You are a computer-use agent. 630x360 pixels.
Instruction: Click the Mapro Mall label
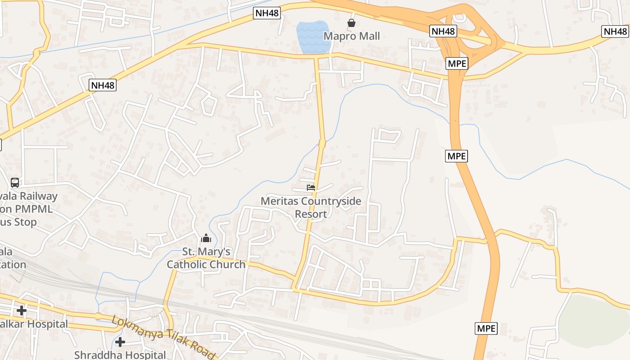pos(352,36)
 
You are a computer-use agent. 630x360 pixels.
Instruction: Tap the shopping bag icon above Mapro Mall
pos(351,23)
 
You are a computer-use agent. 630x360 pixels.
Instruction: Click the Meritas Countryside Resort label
pos(311,207)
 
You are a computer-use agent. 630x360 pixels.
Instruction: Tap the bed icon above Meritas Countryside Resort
pos(310,188)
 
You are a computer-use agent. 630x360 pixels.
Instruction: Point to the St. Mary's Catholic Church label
pos(206,258)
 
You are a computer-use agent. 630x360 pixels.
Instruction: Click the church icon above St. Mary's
pos(206,238)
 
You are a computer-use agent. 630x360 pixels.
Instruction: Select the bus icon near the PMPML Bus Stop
pos(15,183)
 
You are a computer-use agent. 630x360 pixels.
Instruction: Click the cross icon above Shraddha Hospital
pos(120,342)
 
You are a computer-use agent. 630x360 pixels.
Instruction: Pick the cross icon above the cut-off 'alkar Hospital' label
pos(21,310)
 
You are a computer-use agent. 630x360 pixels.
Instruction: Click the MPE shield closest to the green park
pos(486,328)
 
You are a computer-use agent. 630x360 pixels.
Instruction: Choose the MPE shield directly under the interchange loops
pos(457,63)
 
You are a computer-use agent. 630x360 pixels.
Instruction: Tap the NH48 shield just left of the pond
pos(267,13)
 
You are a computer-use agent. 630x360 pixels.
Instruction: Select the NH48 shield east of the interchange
pos(615,31)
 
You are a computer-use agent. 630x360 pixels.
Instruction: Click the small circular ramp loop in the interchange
pos(459,18)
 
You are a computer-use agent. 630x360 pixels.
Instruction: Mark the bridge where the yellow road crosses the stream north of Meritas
pos(322,144)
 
